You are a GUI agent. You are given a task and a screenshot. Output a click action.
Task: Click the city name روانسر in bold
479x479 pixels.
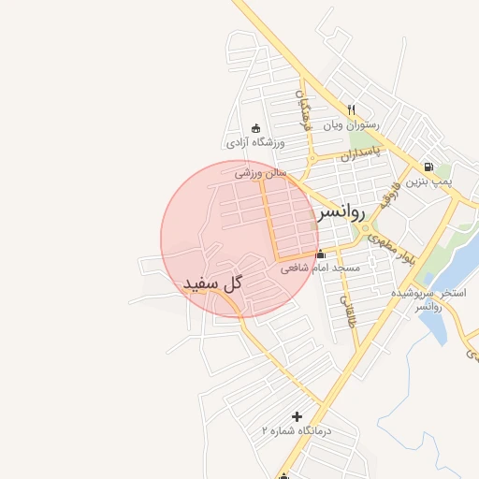[x=339, y=212]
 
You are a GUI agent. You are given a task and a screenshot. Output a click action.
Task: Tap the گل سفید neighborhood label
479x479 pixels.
[x=212, y=282]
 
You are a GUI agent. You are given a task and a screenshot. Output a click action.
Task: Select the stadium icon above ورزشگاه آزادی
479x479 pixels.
[x=255, y=128]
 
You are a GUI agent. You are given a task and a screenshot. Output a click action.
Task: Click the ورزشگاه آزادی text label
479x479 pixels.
[x=254, y=143]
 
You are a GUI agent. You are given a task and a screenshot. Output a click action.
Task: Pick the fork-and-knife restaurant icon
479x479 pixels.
[x=352, y=109]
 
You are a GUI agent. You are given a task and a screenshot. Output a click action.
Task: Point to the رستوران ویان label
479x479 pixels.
[x=351, y=124]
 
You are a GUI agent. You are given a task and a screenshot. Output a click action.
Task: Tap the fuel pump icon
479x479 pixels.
[x=428, y=165]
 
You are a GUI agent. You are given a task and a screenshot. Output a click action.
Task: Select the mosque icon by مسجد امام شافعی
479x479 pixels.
[x=321, y=254]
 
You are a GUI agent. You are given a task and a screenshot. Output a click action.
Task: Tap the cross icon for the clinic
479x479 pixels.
[x=298, y=416]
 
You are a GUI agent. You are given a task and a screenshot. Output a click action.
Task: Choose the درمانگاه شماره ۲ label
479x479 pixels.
[x=297, y=431]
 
